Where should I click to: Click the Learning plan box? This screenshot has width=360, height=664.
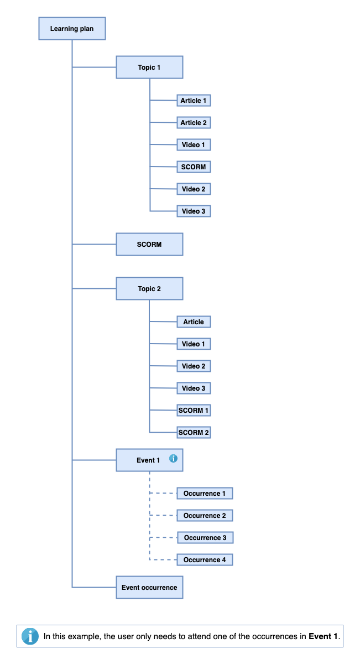[x=72, y=29]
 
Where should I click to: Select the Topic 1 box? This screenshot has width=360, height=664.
[x=149, y=68]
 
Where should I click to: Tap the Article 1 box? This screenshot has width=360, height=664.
[x=194, y=101]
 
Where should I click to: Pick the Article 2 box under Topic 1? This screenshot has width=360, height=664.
[x=194, y=123]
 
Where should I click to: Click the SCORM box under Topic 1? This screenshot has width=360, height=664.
[x=194, y=167]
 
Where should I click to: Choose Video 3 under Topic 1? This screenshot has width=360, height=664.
[x=194, y=211]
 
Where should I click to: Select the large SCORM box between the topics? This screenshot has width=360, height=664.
[x=149, y=245]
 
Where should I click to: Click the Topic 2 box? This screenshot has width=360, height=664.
[x=149, y=289]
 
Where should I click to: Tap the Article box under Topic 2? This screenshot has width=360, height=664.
[x=194, y=322]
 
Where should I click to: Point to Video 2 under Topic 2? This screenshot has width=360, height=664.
[x=194, y=366]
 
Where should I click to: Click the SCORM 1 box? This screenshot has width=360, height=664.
[x=194, y=411]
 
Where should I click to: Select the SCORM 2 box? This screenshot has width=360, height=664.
[x=194, y=433]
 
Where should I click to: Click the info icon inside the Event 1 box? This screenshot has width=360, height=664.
[x=173, y=459]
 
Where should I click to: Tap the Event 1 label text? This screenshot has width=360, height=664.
[x=148, y=460]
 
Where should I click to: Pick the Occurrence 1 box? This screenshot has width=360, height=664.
[x=205, y=494]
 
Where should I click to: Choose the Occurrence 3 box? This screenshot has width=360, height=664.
[x=205, y=538]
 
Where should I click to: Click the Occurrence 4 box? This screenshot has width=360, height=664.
[x=205, y=560]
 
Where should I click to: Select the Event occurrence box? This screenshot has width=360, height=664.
[x=149, y=588]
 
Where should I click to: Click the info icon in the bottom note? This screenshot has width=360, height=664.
[x=30, y=636]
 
